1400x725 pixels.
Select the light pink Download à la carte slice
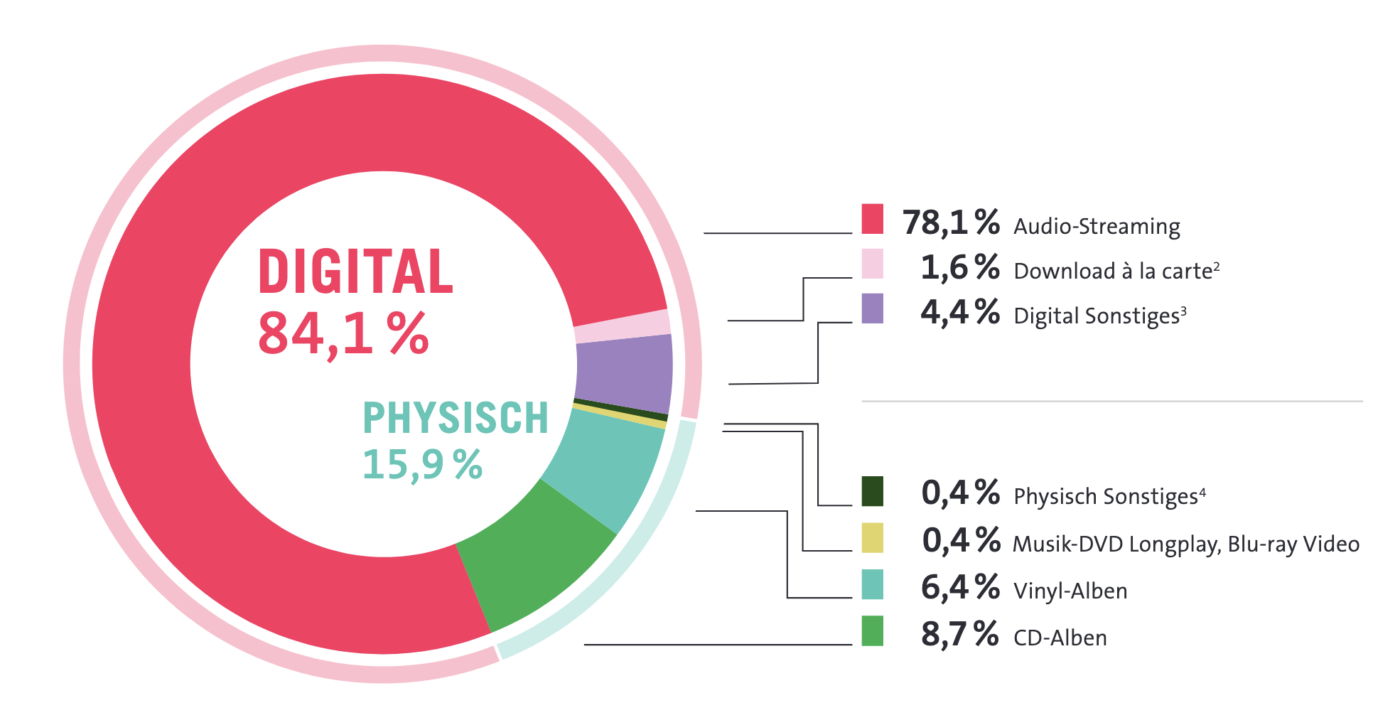coord(623,326)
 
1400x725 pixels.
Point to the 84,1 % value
coord(343,333)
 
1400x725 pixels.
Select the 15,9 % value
coord(422,465)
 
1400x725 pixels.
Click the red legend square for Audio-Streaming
coord(872,219)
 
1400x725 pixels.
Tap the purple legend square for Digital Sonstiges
coord(872,308)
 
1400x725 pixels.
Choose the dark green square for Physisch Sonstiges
coord(872,491)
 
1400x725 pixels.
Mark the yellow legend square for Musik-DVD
coord(872,537)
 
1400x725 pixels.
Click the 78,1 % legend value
coord(951,222)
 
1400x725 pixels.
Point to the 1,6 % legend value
coord(959,267)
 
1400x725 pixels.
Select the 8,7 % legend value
coord(959,633)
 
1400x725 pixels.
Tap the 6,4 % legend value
coord(959,587)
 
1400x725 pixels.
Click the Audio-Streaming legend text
coord(1097,226)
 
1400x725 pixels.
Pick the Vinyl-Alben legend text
coord(1070,591)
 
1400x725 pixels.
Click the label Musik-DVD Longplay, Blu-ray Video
coord(1185,544)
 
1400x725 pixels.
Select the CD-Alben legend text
coord(1060,638)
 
